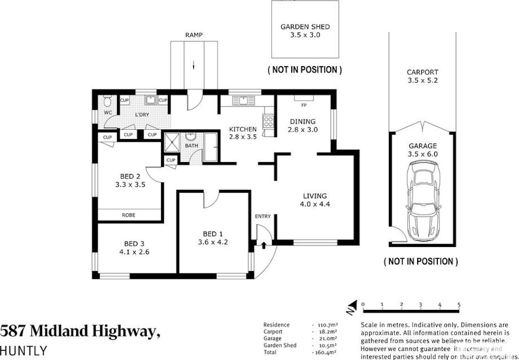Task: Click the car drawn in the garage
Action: pyautogui.click(x=423, y=202)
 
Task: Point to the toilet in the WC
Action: pyautogui.click(x=107, y=101)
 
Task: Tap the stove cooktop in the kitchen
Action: pyautogui.click(x=268, y=122)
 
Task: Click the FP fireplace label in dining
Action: pyautogui.click(x=304, y=105)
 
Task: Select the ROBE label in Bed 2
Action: pyautogui.click(x=129, y=215)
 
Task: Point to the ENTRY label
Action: pyautogui.click(x=263, y=216)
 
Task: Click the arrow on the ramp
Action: pyautogui.click(x=194, y=66)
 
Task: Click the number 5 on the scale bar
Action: pyautogui.click(x=459, y=305)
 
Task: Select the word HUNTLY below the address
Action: pyautogui.click(x=23, y=350)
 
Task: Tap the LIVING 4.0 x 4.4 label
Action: pyautogui.click(x=315, y=199)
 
